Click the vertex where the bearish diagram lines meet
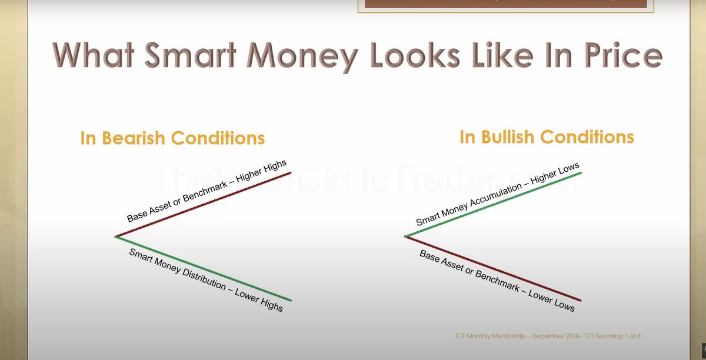(x=116, y=236)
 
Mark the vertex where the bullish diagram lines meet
(x=405, y=236)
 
